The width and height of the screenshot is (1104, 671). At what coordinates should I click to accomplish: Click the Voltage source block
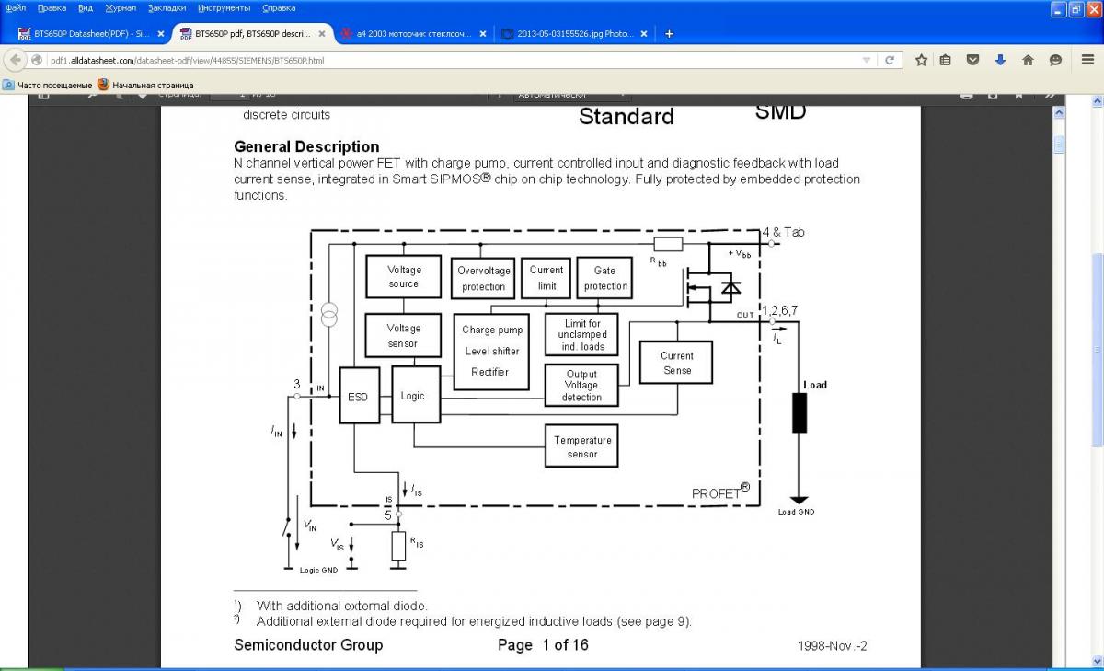coord(404,277)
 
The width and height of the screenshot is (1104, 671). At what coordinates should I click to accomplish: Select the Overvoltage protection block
coord(484,278)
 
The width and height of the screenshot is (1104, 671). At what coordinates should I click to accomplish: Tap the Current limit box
coord(546,278)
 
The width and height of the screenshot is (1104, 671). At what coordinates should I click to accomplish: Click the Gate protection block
coord(605,278)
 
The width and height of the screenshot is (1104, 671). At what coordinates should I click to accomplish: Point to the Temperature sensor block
coord(582,446)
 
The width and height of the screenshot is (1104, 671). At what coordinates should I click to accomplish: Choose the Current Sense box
coord(676,363)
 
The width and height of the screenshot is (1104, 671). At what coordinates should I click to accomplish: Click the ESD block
coord(358,397)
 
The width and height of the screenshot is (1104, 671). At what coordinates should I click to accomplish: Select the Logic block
coord(413,395)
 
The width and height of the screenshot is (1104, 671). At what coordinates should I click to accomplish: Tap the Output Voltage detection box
coord(581,386)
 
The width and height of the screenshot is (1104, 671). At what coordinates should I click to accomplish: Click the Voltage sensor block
coord(404,336)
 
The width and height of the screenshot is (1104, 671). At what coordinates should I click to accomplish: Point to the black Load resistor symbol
coord(799,412)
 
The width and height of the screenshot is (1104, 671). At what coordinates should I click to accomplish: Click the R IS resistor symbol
coord(398,545)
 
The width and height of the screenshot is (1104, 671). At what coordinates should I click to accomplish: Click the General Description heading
coord(306,146)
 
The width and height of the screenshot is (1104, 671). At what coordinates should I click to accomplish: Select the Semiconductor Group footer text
coord(308,645)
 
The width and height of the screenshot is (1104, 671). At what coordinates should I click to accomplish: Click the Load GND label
coord(796,512)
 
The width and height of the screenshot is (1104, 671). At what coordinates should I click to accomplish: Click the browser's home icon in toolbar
coord(1028,61)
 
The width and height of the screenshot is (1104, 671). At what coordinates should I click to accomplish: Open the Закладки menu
coord(167,7)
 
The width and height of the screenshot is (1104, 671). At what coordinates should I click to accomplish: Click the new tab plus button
coord(669,34)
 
